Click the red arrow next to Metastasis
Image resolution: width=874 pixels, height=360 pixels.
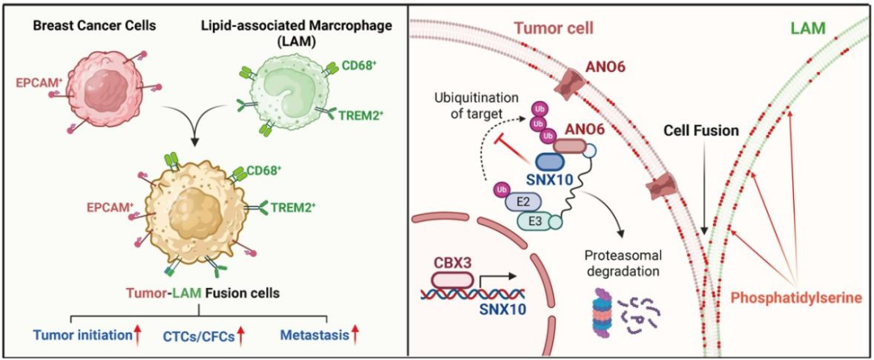coord(354,333)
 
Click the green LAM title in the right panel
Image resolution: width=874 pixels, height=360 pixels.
coord(810,28)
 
